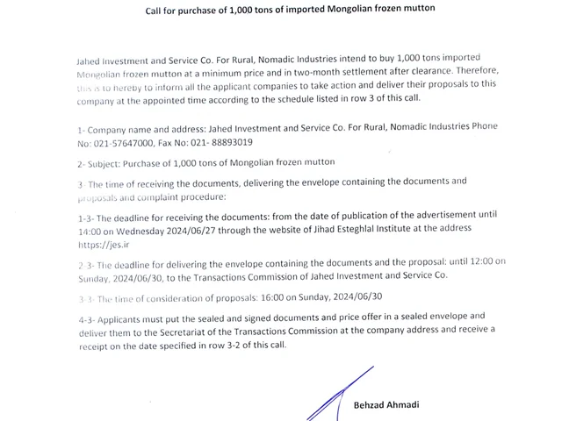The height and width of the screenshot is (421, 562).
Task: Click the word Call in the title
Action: tap(155, 8)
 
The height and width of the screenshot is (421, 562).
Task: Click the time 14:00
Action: tap(91, 228)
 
